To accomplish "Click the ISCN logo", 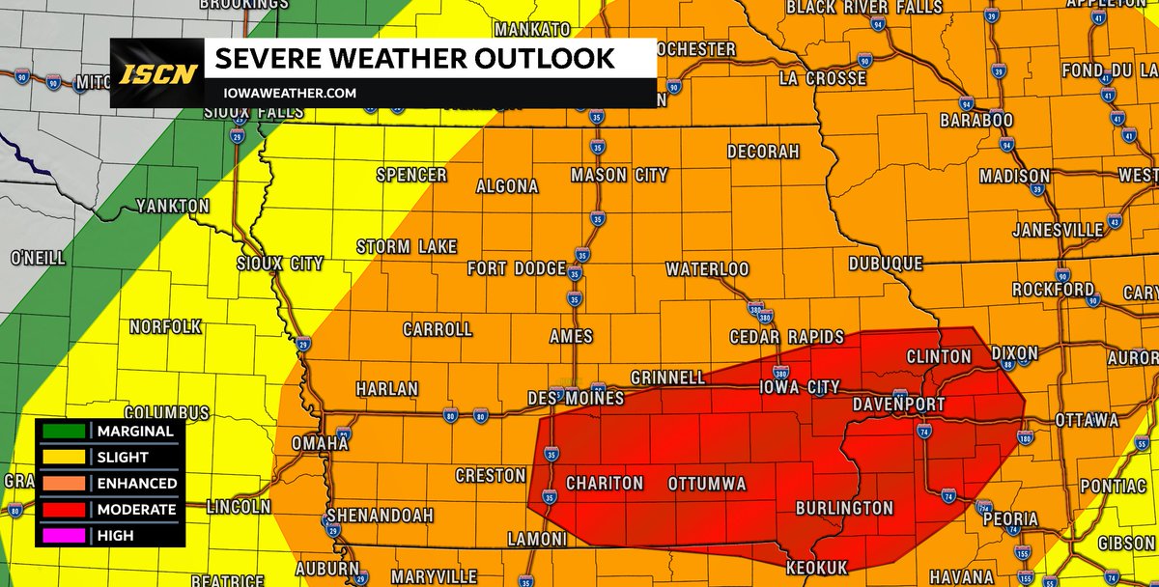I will point(158,73).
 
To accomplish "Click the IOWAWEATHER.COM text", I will point(286,94).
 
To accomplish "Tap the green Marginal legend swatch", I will point(65,431).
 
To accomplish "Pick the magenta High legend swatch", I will point(65,535).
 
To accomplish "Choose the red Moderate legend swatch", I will point(65,509).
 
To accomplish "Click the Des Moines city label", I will point(576,398).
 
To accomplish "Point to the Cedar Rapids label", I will point(787,337).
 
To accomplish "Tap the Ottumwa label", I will point(708,483).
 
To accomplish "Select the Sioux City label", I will point(280,264).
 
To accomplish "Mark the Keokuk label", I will point(816,567).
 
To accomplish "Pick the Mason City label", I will point(619,176).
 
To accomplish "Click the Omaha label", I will point(320,442).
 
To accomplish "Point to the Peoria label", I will point(1010,519).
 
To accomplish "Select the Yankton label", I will point(172,207).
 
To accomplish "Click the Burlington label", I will point(844,508).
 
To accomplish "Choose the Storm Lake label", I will point(407,247).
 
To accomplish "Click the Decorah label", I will point(763,153).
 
